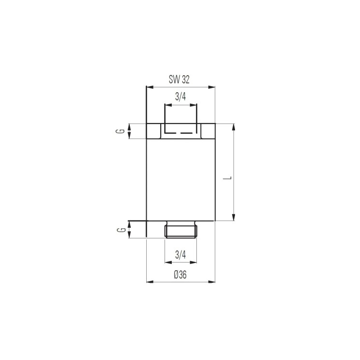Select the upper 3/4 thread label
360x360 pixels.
tap(180, 97)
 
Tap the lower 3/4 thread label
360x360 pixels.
tap(180, 254)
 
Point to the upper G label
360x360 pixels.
tap(123, 131)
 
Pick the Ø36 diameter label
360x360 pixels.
tap(180, 274)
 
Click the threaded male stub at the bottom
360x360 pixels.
tap(180, 230)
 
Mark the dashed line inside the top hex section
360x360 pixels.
tap(180, 132)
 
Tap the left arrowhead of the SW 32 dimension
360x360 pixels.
tap(149, 87)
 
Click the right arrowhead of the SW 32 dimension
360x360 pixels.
tap(212, 87)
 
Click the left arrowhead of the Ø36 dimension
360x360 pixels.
tap(149, 281)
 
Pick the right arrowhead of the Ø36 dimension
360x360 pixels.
tap(212, 281)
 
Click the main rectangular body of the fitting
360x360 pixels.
tap(180, 179)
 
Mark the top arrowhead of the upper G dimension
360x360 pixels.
tap(130, 126)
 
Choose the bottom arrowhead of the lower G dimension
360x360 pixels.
tap(130, 235)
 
